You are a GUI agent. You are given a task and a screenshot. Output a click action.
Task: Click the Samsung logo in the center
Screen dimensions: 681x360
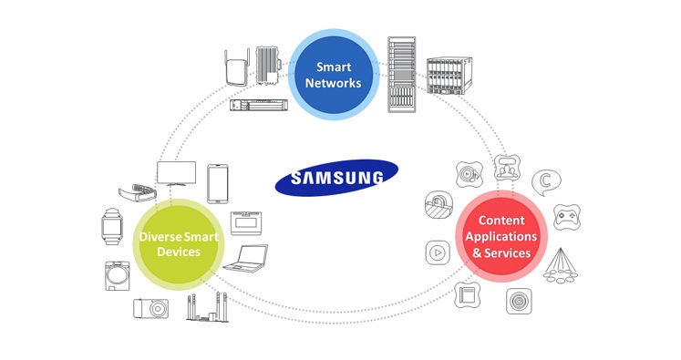click(x=336, y=177)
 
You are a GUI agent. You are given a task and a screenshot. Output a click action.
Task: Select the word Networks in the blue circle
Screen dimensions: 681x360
click(x=333, y=83)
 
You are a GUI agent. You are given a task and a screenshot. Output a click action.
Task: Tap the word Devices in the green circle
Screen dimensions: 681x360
click(x=179, y=252)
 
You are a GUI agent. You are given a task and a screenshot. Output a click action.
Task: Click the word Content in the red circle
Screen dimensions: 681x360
click(x=501, y=221)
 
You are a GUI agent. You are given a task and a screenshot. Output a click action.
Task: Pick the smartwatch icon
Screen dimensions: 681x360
click(x=112, y=226)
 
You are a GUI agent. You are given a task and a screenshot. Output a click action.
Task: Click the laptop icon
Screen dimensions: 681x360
click(x=246, y=259)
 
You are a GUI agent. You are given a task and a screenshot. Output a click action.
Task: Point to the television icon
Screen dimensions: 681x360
click(x=176, y=174)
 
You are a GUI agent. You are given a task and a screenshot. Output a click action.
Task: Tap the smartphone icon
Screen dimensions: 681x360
click(x=218, y=184)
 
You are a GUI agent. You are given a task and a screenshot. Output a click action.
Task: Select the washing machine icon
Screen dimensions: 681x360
click(x=118, y=276)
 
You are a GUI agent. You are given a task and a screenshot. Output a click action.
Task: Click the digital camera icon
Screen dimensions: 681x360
click(x=150, y=308)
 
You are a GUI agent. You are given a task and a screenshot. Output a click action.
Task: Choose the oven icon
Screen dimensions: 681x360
click(x=246, y=223)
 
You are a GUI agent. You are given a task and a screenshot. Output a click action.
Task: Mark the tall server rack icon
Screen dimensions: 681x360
click(x=402, y=75)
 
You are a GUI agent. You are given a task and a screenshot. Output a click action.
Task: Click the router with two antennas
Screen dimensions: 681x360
click(x=237, y=67)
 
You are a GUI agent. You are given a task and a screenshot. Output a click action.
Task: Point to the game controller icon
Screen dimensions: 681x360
click(x=567, y=217)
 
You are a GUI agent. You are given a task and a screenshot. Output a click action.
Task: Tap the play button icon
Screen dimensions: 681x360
click(x=438, y=252)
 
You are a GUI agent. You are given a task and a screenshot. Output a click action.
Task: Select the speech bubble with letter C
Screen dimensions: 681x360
click(x=546, y=182)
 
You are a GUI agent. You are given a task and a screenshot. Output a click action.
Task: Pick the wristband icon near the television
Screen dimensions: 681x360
click(x=138, y=192)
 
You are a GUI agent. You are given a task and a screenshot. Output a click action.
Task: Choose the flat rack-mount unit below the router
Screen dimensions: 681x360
click(x=259, y=105)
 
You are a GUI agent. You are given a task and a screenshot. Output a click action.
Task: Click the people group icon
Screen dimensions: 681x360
click(x=507, y=168)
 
